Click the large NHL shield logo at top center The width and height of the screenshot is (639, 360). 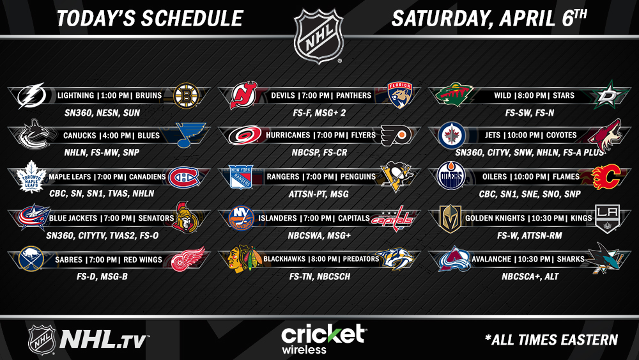(x=319, y=36)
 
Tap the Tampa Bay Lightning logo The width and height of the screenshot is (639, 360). (x=31, y=96)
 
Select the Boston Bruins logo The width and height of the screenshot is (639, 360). (x=186, y=96)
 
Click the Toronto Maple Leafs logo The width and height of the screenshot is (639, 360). (x=31, y=176)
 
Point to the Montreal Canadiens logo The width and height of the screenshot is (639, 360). (x=184, y=177)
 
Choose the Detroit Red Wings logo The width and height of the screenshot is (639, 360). (x=188, y=259)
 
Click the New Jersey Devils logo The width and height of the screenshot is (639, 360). (x=243, y=95)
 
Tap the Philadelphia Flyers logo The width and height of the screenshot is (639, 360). (x=396, y=136)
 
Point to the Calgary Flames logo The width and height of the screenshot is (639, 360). (x=606, y=177)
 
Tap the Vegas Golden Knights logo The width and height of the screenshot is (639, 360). (x=450, y=219)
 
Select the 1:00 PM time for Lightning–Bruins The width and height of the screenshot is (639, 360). (x=114, y=95)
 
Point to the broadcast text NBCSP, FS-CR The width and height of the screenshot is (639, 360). (x=319, y=152)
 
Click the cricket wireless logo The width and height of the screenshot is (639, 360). (x=323, y=339)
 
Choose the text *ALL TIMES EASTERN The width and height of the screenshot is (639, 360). (x=551, y=340)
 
